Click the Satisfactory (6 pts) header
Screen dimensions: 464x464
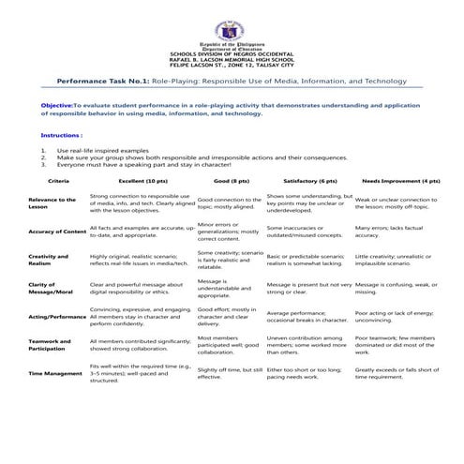[303, 179]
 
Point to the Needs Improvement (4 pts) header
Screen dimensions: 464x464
[401, 179]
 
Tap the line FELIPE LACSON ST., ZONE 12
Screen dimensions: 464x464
[232, 65]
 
